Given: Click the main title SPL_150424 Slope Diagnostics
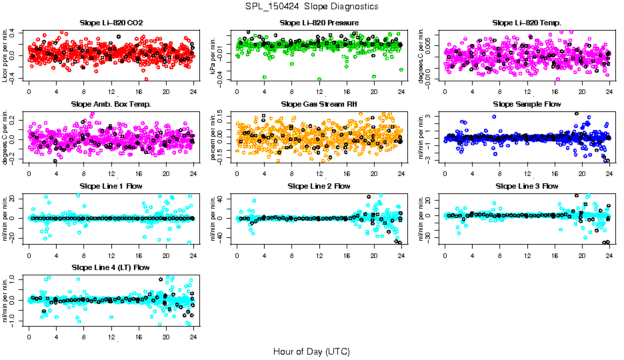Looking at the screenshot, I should [311, 7].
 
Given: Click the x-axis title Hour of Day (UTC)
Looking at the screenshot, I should [311, 351].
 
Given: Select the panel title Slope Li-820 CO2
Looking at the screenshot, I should [111, 23].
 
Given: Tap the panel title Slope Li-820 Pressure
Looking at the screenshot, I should [319, 23].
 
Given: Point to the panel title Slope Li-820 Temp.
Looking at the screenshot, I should [527, 23].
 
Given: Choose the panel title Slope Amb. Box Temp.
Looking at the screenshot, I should [111, 105].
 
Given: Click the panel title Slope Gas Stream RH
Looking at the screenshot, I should [319, 105].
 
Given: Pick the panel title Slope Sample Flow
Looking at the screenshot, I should [527, 105].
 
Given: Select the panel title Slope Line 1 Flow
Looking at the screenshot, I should [111, 186].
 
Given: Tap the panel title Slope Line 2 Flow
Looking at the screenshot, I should [319, 186].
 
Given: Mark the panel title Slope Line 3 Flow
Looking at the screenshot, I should [527, 186].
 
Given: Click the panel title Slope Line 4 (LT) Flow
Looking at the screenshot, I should [111, 268].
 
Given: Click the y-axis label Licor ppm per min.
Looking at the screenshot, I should [6, 56].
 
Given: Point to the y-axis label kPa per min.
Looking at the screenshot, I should [214, 56].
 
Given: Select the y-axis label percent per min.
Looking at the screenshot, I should [214, 137].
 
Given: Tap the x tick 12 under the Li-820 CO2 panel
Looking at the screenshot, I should [111, 92].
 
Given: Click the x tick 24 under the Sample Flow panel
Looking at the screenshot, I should [609, 174].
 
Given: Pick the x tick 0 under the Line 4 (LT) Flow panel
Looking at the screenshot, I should [29, 337].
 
